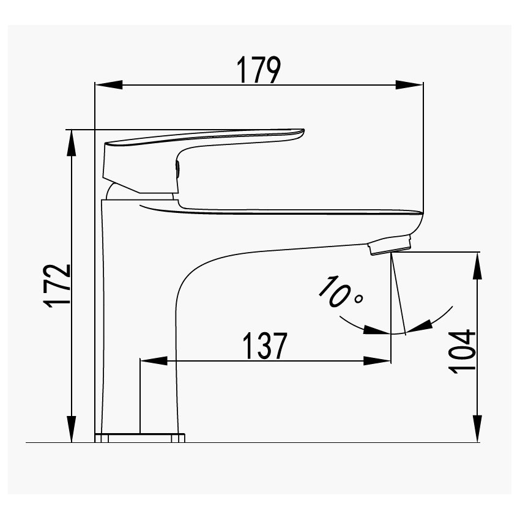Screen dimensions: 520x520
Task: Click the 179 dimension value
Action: tap(258, 70)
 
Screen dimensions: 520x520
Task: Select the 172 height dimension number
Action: tap(59, 286)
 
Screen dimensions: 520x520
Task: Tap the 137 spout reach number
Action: tap(265, 346)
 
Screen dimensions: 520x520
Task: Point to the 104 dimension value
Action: tap(462, 352)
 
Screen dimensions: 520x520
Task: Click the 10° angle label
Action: tap(341, 291)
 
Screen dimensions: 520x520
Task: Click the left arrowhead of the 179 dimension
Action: tap(109, 84)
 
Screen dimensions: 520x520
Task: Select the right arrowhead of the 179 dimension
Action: tap(409, 84)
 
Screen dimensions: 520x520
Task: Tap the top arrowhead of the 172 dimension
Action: tap(72, 143)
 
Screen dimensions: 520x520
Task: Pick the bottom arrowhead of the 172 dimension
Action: tap(72, 429)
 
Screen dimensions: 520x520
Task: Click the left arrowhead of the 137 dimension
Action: tap(154, 361)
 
